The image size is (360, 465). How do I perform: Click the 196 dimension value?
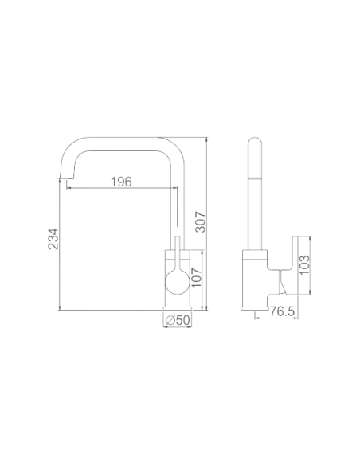[119, 181]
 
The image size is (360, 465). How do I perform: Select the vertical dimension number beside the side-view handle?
[303, 264]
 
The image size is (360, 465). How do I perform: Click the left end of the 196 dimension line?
[69, 188]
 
